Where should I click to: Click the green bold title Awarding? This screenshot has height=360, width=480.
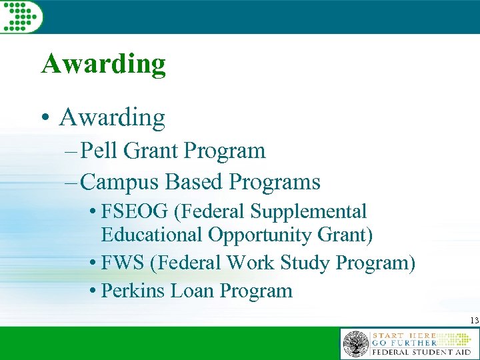pos(103,65)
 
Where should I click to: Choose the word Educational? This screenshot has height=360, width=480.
pos(151,235)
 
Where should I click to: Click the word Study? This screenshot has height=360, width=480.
pos(304,263)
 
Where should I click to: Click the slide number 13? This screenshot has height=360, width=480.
pos(474,321)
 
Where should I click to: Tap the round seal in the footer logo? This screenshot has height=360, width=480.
pos(355,345)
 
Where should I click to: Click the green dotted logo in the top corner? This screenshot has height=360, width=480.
pos(21,15)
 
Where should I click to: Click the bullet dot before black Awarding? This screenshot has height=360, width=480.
pos(45,119)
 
